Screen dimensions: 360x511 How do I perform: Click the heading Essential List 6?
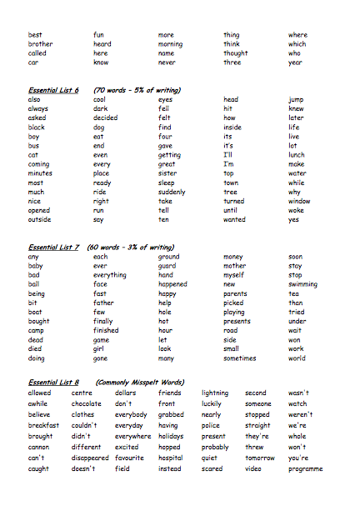tap(53, 90)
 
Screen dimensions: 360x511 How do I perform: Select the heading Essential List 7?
tap(53, 248)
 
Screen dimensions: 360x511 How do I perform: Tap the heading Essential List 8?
tap(53, 383)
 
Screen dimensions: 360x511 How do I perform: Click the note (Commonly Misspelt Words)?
tap(139, 383)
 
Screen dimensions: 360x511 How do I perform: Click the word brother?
tap(40, 44)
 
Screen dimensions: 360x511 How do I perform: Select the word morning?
tap(170, 44)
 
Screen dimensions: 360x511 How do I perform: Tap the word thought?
tap(235, 53)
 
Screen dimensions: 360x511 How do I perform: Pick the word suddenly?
tap(173, 192)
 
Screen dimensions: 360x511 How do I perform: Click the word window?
tap(299, 201)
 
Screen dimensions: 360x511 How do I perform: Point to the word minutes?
tap(40, 173)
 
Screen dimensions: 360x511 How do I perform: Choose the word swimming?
tap(303, 284)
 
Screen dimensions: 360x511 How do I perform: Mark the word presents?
tap(237, 321)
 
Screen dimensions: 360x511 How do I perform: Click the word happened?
tap(172, 284)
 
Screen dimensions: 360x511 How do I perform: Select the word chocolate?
tap(87, 403)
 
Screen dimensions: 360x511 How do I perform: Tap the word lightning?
tap(215, 393)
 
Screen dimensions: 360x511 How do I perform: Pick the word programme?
tap(305, 468)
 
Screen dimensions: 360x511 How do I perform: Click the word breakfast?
tap(43, 425)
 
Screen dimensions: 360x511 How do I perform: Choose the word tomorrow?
tap(260, 458)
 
